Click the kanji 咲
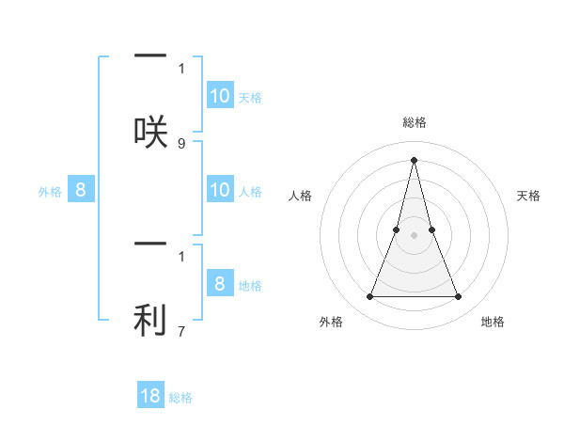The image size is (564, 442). click(x=150, y=131)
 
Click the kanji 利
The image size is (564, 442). click(x=150, y=321)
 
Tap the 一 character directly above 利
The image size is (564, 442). click(x=150, y=245)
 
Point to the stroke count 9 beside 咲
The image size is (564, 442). click(x=181, y=144)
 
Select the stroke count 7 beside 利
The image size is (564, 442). click(x=181, y=332)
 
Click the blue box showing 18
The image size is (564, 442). click(x=150, y=396)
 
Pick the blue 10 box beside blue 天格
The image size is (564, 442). click(x=220, y=96)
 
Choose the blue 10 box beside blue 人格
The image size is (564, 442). click(x=220, y=190)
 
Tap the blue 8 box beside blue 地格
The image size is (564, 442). click(x=220, y=284)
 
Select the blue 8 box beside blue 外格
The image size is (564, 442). click(x=81, y=190)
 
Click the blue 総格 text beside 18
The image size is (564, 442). click(x=180, y=398)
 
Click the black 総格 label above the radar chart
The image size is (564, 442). click(x=415, y=122)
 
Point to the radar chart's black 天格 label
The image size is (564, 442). click(x=528, y=196)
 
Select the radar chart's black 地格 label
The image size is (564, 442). click(x=493, y=322)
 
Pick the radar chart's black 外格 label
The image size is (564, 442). click(x=331, y=322)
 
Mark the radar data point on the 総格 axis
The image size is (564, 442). click(x=415, y=160)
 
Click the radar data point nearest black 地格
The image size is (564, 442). click(x=459, y=297)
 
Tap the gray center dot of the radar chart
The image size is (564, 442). click(x=415, y=235)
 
